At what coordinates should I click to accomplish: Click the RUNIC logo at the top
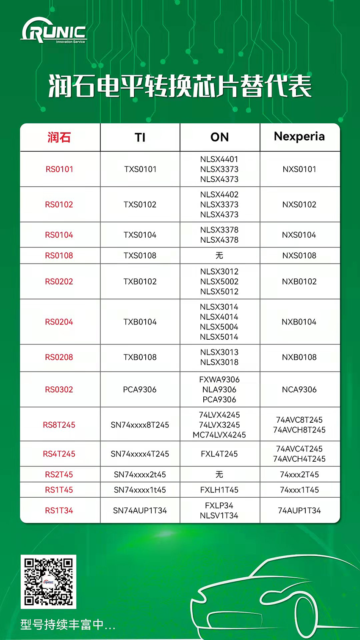click(x=54, y=30)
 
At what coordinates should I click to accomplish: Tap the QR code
click(x=48, y=581)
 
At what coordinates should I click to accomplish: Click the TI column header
click(x=140, y=137)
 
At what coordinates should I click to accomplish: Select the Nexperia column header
click(x=299, y=136)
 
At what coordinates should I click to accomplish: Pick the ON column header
click(x=219, y=137)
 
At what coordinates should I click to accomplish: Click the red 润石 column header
click(x=59, y=137)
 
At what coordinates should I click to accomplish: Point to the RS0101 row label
click(x=59, y=169)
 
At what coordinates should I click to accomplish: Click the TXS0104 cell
click(x=140, y=235)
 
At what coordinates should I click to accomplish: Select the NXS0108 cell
click(x=299, y=255)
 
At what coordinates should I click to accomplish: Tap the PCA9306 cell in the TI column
click(x=140, y=389)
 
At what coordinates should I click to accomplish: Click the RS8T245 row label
click(x=59, y=425)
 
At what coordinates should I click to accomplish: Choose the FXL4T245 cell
click(x=219, y=454)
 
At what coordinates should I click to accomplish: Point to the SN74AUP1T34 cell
click(x=140, y=510)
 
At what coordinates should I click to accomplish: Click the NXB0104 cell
click(x=299, y=322)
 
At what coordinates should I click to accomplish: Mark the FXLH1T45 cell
click(x=219, y=490)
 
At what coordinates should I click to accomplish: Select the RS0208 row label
click(x=59, y=357)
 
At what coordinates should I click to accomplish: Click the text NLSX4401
click(x=219, y=159)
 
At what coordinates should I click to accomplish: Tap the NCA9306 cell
click(x=299, y=389)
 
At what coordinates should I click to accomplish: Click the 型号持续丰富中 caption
click(x=68, y=624)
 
